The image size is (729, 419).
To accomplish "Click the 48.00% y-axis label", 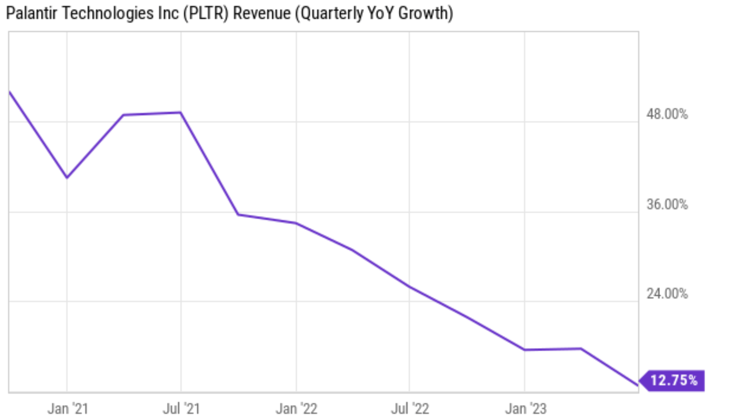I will [x=667, y=114].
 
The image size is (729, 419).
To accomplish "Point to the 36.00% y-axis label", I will [x=667, y=204].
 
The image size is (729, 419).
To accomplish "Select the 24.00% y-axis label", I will [x=667, y=293].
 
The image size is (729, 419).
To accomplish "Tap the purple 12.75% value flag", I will [x=673, y=380].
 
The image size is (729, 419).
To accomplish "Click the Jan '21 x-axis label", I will [x=68, y=409].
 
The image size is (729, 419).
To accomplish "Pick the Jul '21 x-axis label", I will [x=181, y=409].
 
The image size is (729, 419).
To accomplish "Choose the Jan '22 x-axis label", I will [x=296, y=409].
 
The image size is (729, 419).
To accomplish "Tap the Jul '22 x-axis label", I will [x=410, y=409].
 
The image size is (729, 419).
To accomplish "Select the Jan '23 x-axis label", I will [x=525, y=409].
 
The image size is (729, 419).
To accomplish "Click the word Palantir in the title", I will [x=32, y=13].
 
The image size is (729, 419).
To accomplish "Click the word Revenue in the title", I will [x=262, y=13].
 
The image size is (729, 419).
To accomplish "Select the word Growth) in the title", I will [x=425, y=13].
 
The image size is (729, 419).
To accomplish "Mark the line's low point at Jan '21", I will [x=67, y=177].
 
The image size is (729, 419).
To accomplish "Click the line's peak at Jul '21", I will [x=181, y=112].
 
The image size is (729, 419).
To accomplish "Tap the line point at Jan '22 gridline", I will [x=296, y=223].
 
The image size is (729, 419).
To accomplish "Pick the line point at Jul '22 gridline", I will [x=409, y=287].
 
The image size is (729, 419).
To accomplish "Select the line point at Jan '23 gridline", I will [x=525, y=349].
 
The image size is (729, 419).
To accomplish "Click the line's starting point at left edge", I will [x=10, y=92].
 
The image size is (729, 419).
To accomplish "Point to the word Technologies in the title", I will [x=107, y=13].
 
